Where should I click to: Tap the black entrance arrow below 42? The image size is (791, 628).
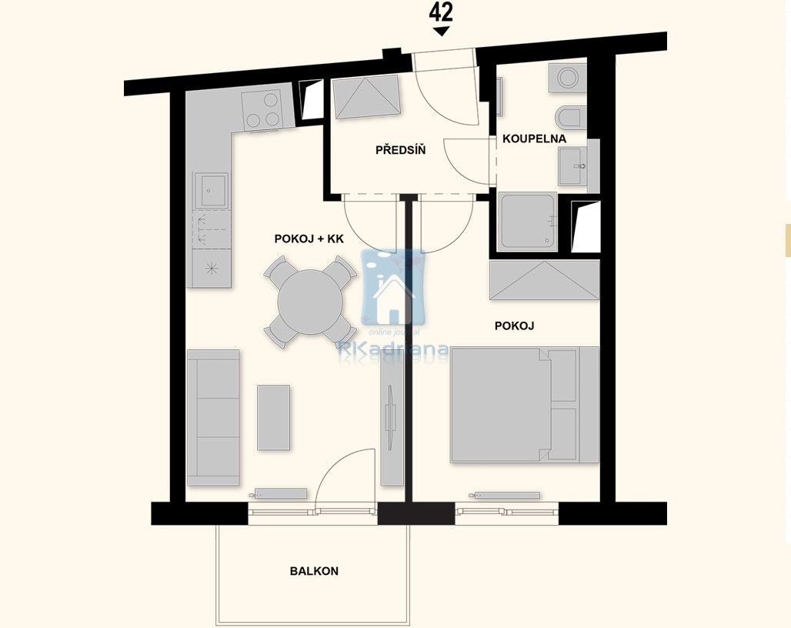pyautogui.click(x=441, y=32)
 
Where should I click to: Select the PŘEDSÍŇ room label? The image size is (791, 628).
pyautogui.click(x=400, y=150)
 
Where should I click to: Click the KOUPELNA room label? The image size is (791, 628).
pyautogui.click(x=534, y=139)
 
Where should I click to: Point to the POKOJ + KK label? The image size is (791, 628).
pyautogui.click(x=309, y=239)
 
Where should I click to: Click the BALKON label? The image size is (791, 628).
pyautogui.click(x=314, y=571)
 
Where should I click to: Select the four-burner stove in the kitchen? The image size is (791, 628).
pyautogui.click(x=262, y=111)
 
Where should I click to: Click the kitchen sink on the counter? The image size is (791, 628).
pyautogui.click(x=210, y=190)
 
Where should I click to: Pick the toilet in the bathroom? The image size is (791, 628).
pyautogui.click(x=570, y=117)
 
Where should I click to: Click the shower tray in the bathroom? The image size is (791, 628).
pyautogui.click(x=528, y=222)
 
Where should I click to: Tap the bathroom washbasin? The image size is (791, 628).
pyautogui.click(x=572, y=167)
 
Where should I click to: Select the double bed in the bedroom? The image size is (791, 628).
pyautogui.click(x=524, y=405)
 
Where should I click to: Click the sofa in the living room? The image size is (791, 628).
pyautogui.click(x=213, y=418)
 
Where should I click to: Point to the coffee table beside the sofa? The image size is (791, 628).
pyautogui.click(x=273, y=417)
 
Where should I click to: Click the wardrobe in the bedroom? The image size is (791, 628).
pyautogui.click(x=544, y=279)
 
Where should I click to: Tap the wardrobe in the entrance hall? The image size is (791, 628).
pyautogui.click(x=365, y=96)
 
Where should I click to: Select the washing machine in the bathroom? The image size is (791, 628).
pyautogui.click(x=568, y=77)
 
